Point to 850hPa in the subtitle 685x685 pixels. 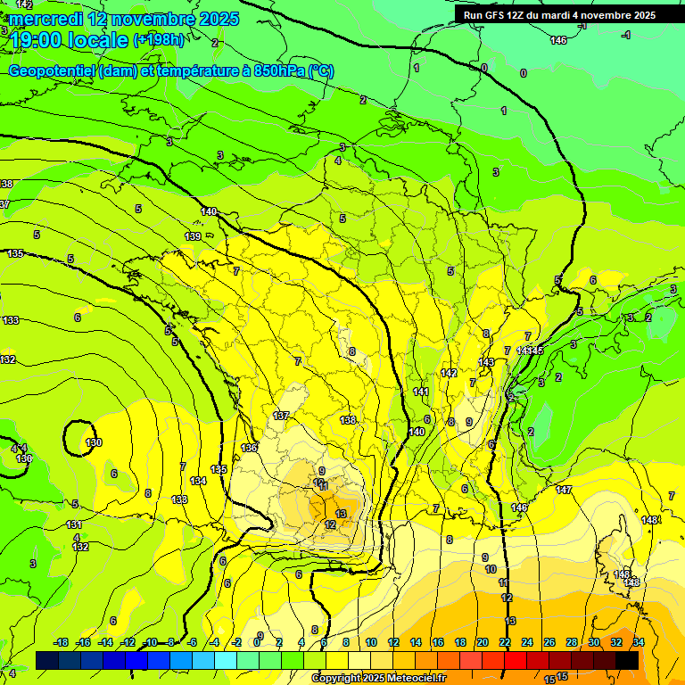(x=276, y=70)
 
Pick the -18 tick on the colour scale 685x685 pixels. (x=61, y=642)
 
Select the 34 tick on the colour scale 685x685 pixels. (x=639, y=642)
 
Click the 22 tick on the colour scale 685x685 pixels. (x=505, y=642)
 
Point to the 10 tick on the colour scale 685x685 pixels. (x=371, y=642)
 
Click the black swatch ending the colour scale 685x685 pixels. (x=628, y=659)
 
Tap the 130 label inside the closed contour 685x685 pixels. (x=93, y=442)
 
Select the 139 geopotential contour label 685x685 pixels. (x=193, y=236)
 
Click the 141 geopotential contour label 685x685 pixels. (x=421, y=392)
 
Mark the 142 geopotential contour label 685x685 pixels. (x=449, y=373)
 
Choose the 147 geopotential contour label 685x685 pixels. (x=564, y=490)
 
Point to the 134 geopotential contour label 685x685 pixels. (x=198, y=481)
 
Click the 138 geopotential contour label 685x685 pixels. (x=348, y=420)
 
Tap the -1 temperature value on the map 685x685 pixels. (x=626, y=35)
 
